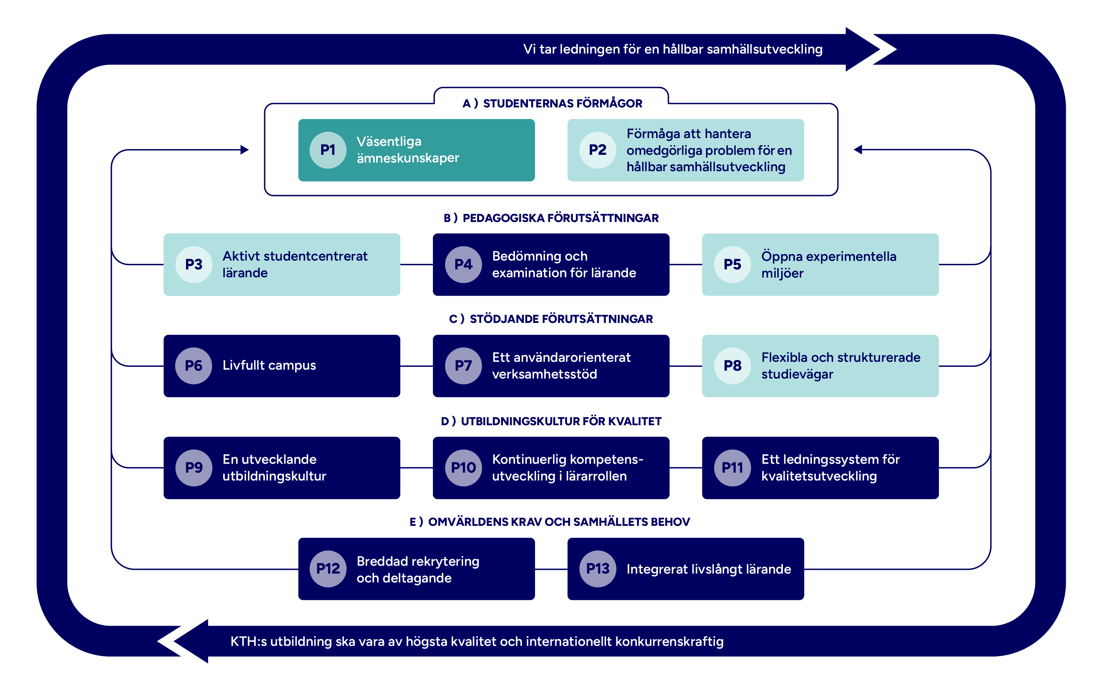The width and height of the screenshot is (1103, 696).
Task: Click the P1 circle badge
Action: pyautogui.click(x=328, y=150)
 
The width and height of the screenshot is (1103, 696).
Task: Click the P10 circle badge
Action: pyautogui.click(x=463, y=468)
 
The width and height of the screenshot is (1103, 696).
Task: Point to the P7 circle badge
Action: pyautogui.click(x=463, y=366)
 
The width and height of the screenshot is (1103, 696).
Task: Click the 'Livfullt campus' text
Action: pyautogui.click(x=269, y=365)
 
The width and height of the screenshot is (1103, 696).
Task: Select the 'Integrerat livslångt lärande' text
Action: pyautogui.click(x=708, y=569)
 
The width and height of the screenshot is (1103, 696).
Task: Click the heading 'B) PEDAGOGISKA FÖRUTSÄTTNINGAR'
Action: pyautogui.click(x=551, y=218)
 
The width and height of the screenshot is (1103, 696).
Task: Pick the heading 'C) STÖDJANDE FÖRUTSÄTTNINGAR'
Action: pyautogui.click(x=551, y=319)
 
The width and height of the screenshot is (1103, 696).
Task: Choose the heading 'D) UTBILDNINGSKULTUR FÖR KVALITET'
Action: pyautogui.click(x=551, y=421)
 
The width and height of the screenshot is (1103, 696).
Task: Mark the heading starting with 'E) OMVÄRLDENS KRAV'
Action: pyautogui.click(x=550, y=522)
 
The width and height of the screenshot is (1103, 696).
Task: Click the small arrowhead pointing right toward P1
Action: pyautogui.click(x=245, y=150)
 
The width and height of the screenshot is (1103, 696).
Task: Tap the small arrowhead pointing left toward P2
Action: pyautogui.click(x=858, y=150)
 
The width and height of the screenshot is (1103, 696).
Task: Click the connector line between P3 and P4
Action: pyautogui.click(x=416, y=265)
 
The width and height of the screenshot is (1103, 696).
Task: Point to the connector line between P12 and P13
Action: pyautogui.click(x=551, y=569)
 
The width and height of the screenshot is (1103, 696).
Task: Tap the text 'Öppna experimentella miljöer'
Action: pyautogui.click(x=828, y=265)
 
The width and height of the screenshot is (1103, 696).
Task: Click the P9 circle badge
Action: pyautogui.click(x=194, y=468)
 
